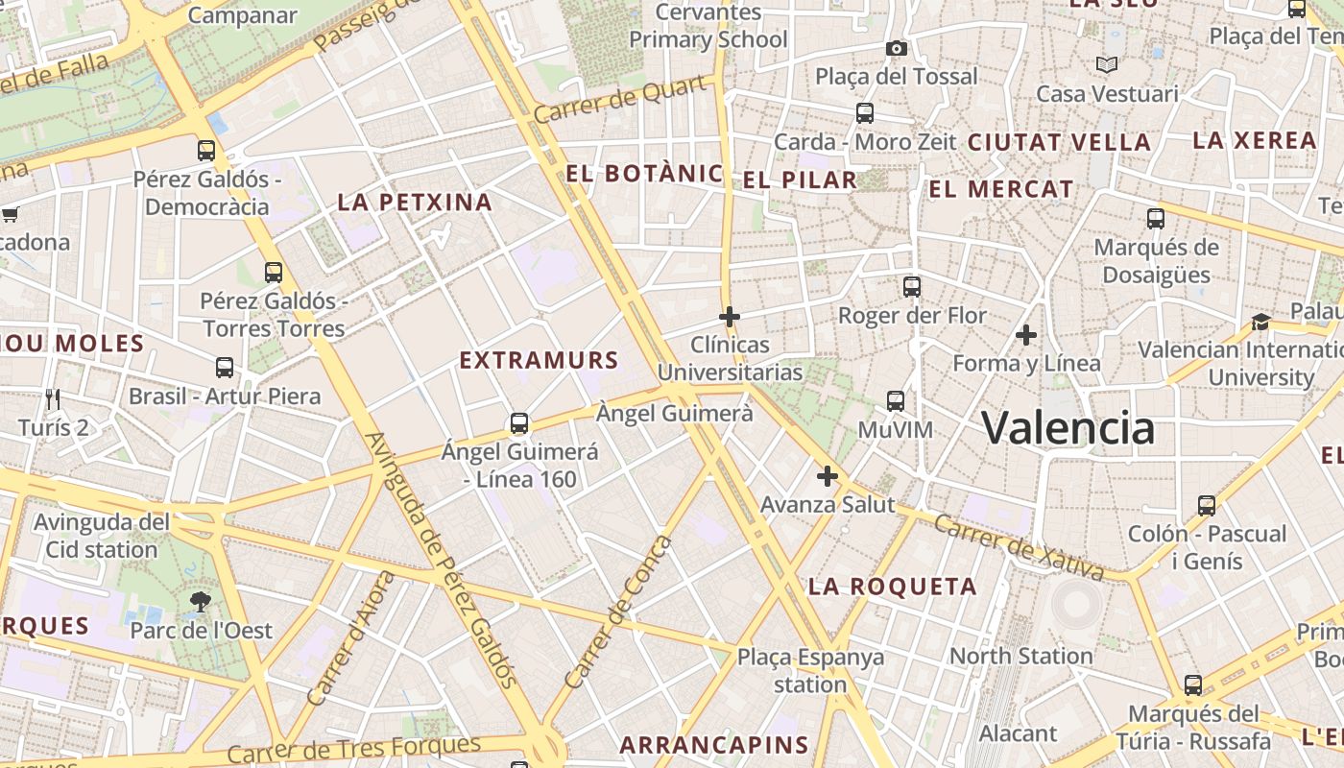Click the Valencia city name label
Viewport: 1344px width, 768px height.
1068,427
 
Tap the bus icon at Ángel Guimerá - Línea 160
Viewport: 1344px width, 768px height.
519,422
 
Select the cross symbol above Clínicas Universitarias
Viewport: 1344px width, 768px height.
730,316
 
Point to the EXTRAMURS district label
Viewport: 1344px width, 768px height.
539,361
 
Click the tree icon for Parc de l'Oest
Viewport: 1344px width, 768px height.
201,602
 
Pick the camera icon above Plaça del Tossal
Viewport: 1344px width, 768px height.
896,48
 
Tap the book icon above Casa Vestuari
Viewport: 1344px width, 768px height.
1107,64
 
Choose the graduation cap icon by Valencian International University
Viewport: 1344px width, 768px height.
1260,322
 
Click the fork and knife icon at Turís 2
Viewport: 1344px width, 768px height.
53,398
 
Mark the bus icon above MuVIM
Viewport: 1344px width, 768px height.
896,400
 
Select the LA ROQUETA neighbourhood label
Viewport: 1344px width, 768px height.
893,587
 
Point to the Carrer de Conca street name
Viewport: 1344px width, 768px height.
620,612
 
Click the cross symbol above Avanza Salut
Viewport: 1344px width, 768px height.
827,475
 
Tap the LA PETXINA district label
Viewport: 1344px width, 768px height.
415,203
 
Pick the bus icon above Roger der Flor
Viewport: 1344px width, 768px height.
912,286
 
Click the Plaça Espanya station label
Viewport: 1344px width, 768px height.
810,671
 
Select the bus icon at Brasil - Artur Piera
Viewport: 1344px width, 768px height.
225,367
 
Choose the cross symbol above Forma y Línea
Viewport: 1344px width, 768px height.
1026,335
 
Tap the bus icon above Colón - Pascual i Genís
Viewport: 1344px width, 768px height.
1207,505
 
